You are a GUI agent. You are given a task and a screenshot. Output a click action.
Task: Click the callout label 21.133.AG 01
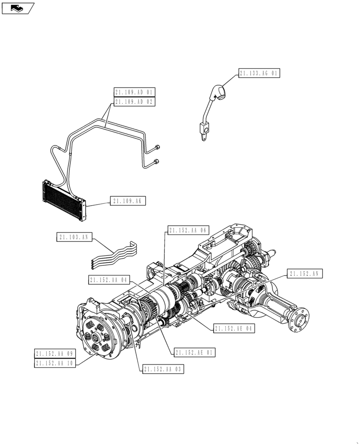(259, 74)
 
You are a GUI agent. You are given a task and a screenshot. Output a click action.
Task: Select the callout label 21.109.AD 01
(134, 93)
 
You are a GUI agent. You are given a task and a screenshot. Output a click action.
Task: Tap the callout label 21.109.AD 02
(134, 102)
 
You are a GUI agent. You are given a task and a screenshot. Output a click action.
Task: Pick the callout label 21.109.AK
(127, 202)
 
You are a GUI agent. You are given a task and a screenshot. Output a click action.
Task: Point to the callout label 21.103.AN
(74, 237)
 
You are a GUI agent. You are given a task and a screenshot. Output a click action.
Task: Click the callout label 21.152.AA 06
(188, 230)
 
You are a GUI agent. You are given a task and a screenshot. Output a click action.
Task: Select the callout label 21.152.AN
(304, 274)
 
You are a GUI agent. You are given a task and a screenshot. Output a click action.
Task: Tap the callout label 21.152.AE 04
(234, 329)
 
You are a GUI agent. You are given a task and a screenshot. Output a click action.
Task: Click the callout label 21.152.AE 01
(195, 352)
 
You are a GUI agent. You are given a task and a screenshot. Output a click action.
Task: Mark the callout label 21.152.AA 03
(163, 369)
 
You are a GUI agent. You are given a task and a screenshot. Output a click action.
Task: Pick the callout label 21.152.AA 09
(55, 354)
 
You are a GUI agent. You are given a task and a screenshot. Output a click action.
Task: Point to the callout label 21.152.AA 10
(55, 363)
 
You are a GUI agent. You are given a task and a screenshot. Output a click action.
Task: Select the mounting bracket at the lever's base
(204, 131)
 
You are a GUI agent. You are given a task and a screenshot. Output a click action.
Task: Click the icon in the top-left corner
(17, 8)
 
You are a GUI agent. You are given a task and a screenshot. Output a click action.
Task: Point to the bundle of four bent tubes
(114, 257)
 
